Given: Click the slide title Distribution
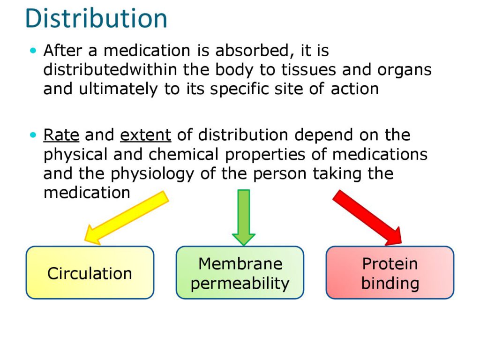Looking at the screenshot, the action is coord(96,18).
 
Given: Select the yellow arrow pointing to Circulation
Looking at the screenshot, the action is coord(127,218).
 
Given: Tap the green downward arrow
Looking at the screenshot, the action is coord(244,217).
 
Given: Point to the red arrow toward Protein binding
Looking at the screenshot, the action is coord(367,217).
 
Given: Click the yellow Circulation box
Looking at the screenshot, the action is coord(90,272).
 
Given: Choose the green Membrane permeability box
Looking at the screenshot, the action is coord(240,272).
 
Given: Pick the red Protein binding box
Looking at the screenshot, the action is coord(390,272).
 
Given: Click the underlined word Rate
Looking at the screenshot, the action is coord(61,135).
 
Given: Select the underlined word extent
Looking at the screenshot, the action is coord(145,135).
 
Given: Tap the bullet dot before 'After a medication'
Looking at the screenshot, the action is coord(33,51).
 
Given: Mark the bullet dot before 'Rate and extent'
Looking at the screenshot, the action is coord(33,135).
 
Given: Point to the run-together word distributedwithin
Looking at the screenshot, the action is coord(110,69).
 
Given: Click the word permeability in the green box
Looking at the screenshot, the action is coord(240,284).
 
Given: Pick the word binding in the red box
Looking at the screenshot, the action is coord(390,284).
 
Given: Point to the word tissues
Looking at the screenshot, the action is coord(308,70).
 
